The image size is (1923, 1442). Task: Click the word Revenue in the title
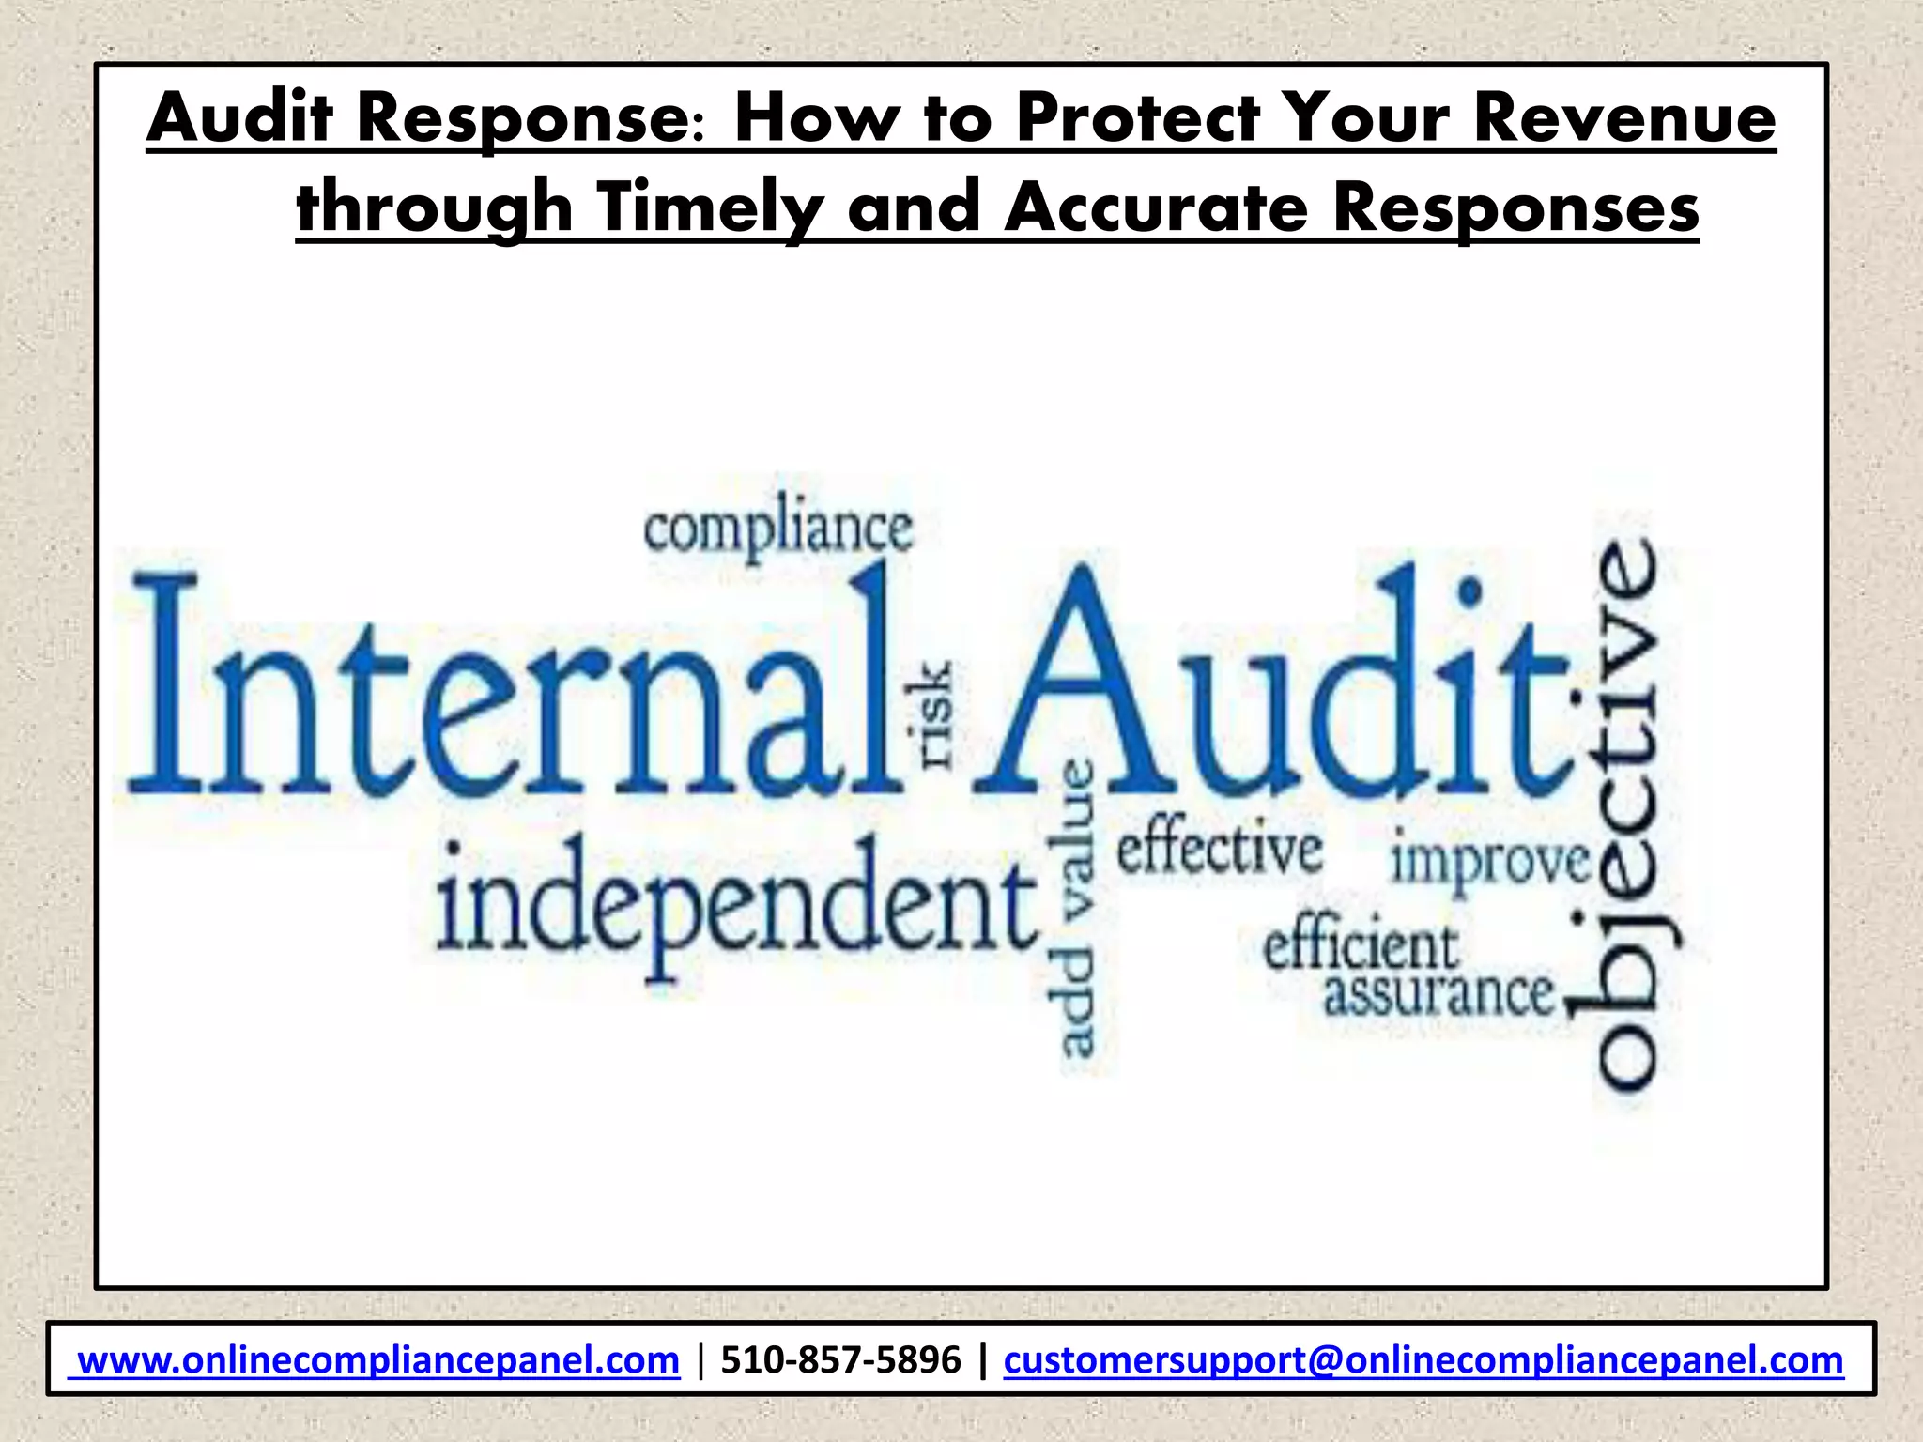[1623, 119]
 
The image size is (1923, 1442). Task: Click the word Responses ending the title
[1515, 207]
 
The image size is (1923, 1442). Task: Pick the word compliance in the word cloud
[777, 530]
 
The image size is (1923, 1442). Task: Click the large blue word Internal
[512, 685]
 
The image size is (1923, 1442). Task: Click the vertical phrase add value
[1076, 907]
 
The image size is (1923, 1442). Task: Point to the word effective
[1219, 850]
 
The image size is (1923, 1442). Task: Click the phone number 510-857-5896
[840, 1359]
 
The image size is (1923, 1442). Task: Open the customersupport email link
[1423, 1359]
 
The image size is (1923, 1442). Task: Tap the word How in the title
[811, 119]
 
